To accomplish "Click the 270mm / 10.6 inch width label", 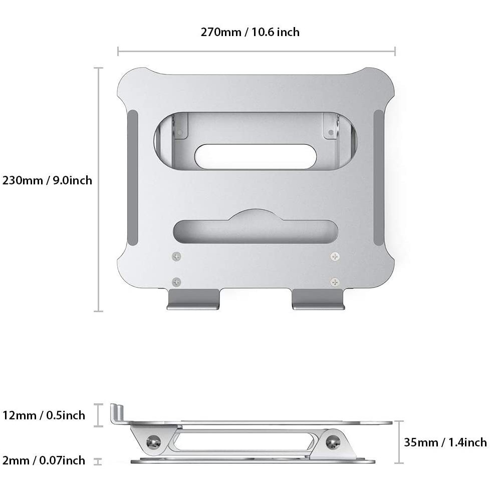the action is [250, 32].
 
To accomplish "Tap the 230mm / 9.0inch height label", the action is [47, 181].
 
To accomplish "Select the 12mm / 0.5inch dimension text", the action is [44, 415].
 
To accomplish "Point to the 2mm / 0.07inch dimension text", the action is [44, 460].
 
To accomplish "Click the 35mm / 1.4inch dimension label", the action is [445, 442].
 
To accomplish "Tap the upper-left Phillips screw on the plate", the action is [177, 257].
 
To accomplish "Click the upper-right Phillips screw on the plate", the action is [335, 257].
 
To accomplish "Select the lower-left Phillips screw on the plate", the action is [177, 282].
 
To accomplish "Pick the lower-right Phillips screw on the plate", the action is [335, 282].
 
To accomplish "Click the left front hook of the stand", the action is [193, 299].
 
